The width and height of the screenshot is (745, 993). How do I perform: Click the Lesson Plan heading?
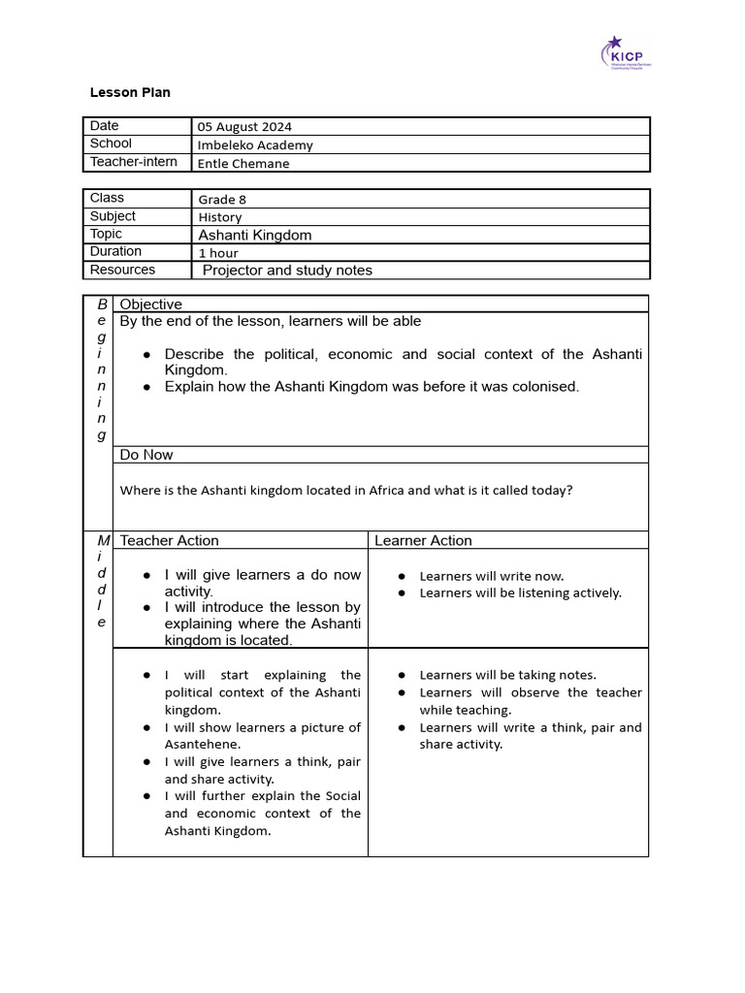(130, 92)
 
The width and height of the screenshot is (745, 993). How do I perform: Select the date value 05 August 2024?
(244, 126)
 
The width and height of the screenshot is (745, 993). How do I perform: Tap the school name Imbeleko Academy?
(255, 144)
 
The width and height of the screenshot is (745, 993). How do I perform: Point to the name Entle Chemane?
(243, 163)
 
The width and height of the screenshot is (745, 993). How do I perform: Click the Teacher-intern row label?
(134, 162)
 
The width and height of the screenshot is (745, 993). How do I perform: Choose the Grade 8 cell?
(222, 199)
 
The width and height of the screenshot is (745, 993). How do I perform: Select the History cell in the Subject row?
(220, 217)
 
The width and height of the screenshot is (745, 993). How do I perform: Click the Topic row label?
(107, 234)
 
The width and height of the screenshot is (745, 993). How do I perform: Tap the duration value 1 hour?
(218, 253)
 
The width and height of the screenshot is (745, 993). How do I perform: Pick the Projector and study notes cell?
(287, 271)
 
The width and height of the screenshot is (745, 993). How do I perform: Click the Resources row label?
(122, 270)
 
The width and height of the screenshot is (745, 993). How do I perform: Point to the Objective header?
(150, 304)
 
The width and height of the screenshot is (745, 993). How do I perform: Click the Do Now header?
(146, 455)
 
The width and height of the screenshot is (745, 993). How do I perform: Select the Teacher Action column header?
(169, 540)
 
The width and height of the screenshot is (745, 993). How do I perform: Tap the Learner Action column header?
(423, 540)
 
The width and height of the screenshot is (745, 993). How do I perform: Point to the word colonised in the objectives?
(542, 386)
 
